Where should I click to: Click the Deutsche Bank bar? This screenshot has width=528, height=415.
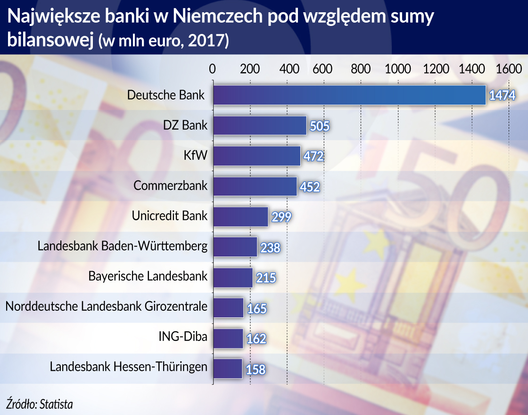[349, 95]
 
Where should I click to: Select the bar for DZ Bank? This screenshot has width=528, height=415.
[260, 125]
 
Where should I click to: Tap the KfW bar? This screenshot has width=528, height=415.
[256, 156]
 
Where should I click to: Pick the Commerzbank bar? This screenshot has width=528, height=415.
[255, 186]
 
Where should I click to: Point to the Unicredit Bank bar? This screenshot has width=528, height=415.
[240, 216]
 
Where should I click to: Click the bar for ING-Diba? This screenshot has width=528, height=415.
[228, 338]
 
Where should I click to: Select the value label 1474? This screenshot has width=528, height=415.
[502, 96]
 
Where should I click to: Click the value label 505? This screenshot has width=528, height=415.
[319, 126]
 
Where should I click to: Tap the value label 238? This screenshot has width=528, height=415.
[270, 248]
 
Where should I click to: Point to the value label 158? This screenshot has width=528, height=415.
[256, 369]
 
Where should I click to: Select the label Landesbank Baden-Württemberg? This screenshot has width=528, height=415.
[122, 246]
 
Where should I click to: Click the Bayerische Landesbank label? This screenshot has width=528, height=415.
[148, 276]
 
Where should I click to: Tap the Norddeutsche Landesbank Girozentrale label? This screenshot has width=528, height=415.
[106, 306]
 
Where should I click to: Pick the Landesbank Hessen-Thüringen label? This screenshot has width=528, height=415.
[128, 366]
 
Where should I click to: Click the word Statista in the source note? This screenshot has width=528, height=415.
[57, 404]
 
